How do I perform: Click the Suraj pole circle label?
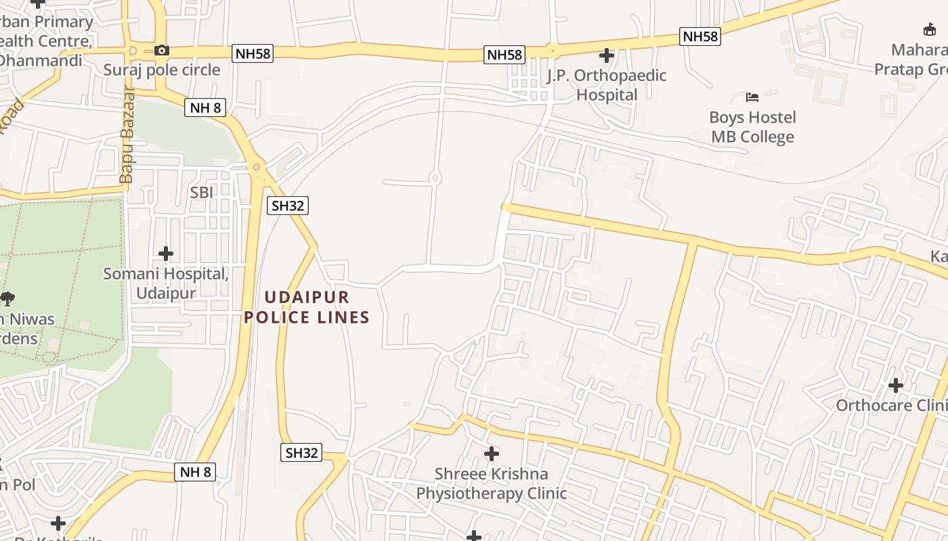[x=162, y=70]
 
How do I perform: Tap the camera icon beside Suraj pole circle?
[x=161, y=50]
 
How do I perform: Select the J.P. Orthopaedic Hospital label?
[x=607, y=85]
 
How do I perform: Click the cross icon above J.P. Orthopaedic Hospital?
[x=607, y=55]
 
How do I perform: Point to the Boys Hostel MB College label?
[x=752, y=127]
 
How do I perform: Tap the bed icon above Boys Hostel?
[x=752, y=97]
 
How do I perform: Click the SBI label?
[x=201, y=193]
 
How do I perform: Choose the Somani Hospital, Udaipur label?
[x=166, y=283]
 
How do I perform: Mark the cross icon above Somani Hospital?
[x=166, y=254]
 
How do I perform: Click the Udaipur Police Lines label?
[x=307, y=307]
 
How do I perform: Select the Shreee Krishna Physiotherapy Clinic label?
[x=492, y=484]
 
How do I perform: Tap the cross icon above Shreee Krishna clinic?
[x=492, y=453]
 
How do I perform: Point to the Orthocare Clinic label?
[x=891, y=405]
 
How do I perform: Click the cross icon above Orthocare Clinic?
[x=896, y=385]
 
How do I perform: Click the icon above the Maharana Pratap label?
[x=930, y=29]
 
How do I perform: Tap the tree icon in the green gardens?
[x=7, y=298]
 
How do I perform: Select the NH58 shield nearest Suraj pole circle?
[x=253, y=54]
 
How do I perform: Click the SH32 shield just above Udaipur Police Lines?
[x=288, y=206]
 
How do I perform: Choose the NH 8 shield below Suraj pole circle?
[x=204, y=108]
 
